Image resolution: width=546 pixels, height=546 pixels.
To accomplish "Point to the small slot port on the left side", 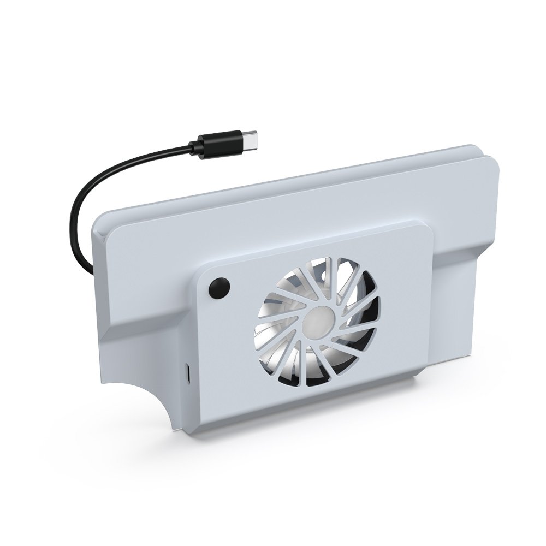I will [187, 374].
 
